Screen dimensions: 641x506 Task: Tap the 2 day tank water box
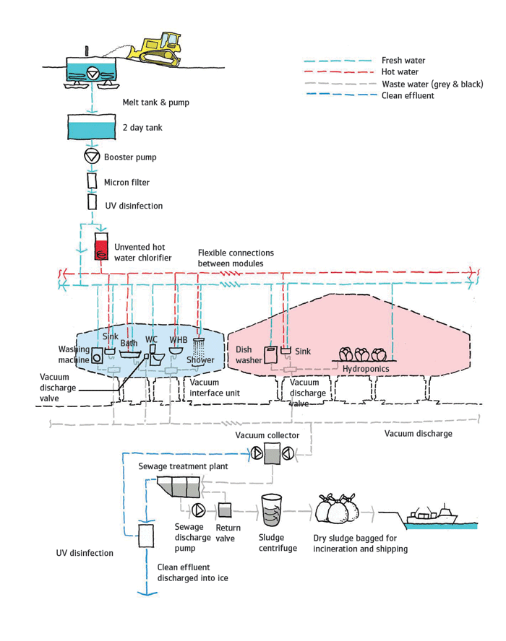(90, 128)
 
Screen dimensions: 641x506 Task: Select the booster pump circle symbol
(90, 157)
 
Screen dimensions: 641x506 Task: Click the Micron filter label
(127, 183)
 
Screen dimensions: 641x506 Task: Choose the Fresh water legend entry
(403, 61)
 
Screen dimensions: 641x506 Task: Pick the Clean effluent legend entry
(408, 95)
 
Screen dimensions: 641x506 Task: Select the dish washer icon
(270, 354)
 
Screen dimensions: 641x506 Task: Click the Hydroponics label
(365, 369)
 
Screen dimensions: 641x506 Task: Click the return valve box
(224, 510)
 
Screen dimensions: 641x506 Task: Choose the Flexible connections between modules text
(236, 258)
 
